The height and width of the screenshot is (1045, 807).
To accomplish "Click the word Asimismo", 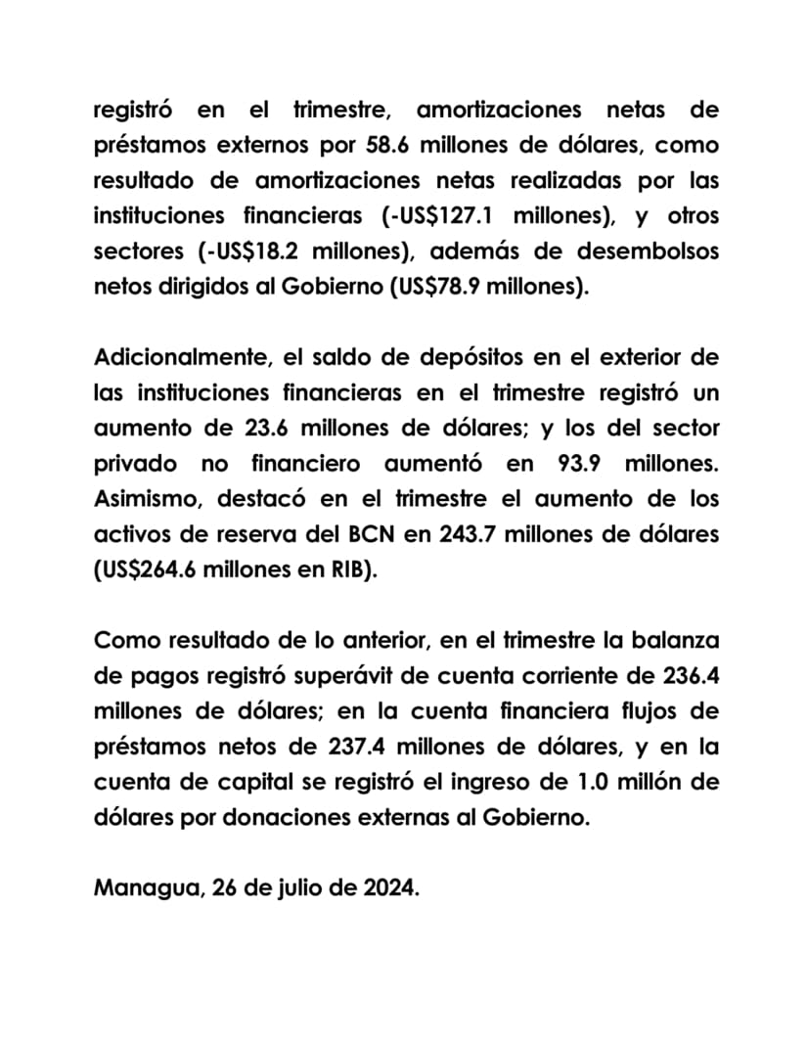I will pos(146,498).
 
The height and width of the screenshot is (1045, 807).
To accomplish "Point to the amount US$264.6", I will pos(154,569).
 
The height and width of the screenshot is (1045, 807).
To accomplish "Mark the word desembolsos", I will pos(633,250).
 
